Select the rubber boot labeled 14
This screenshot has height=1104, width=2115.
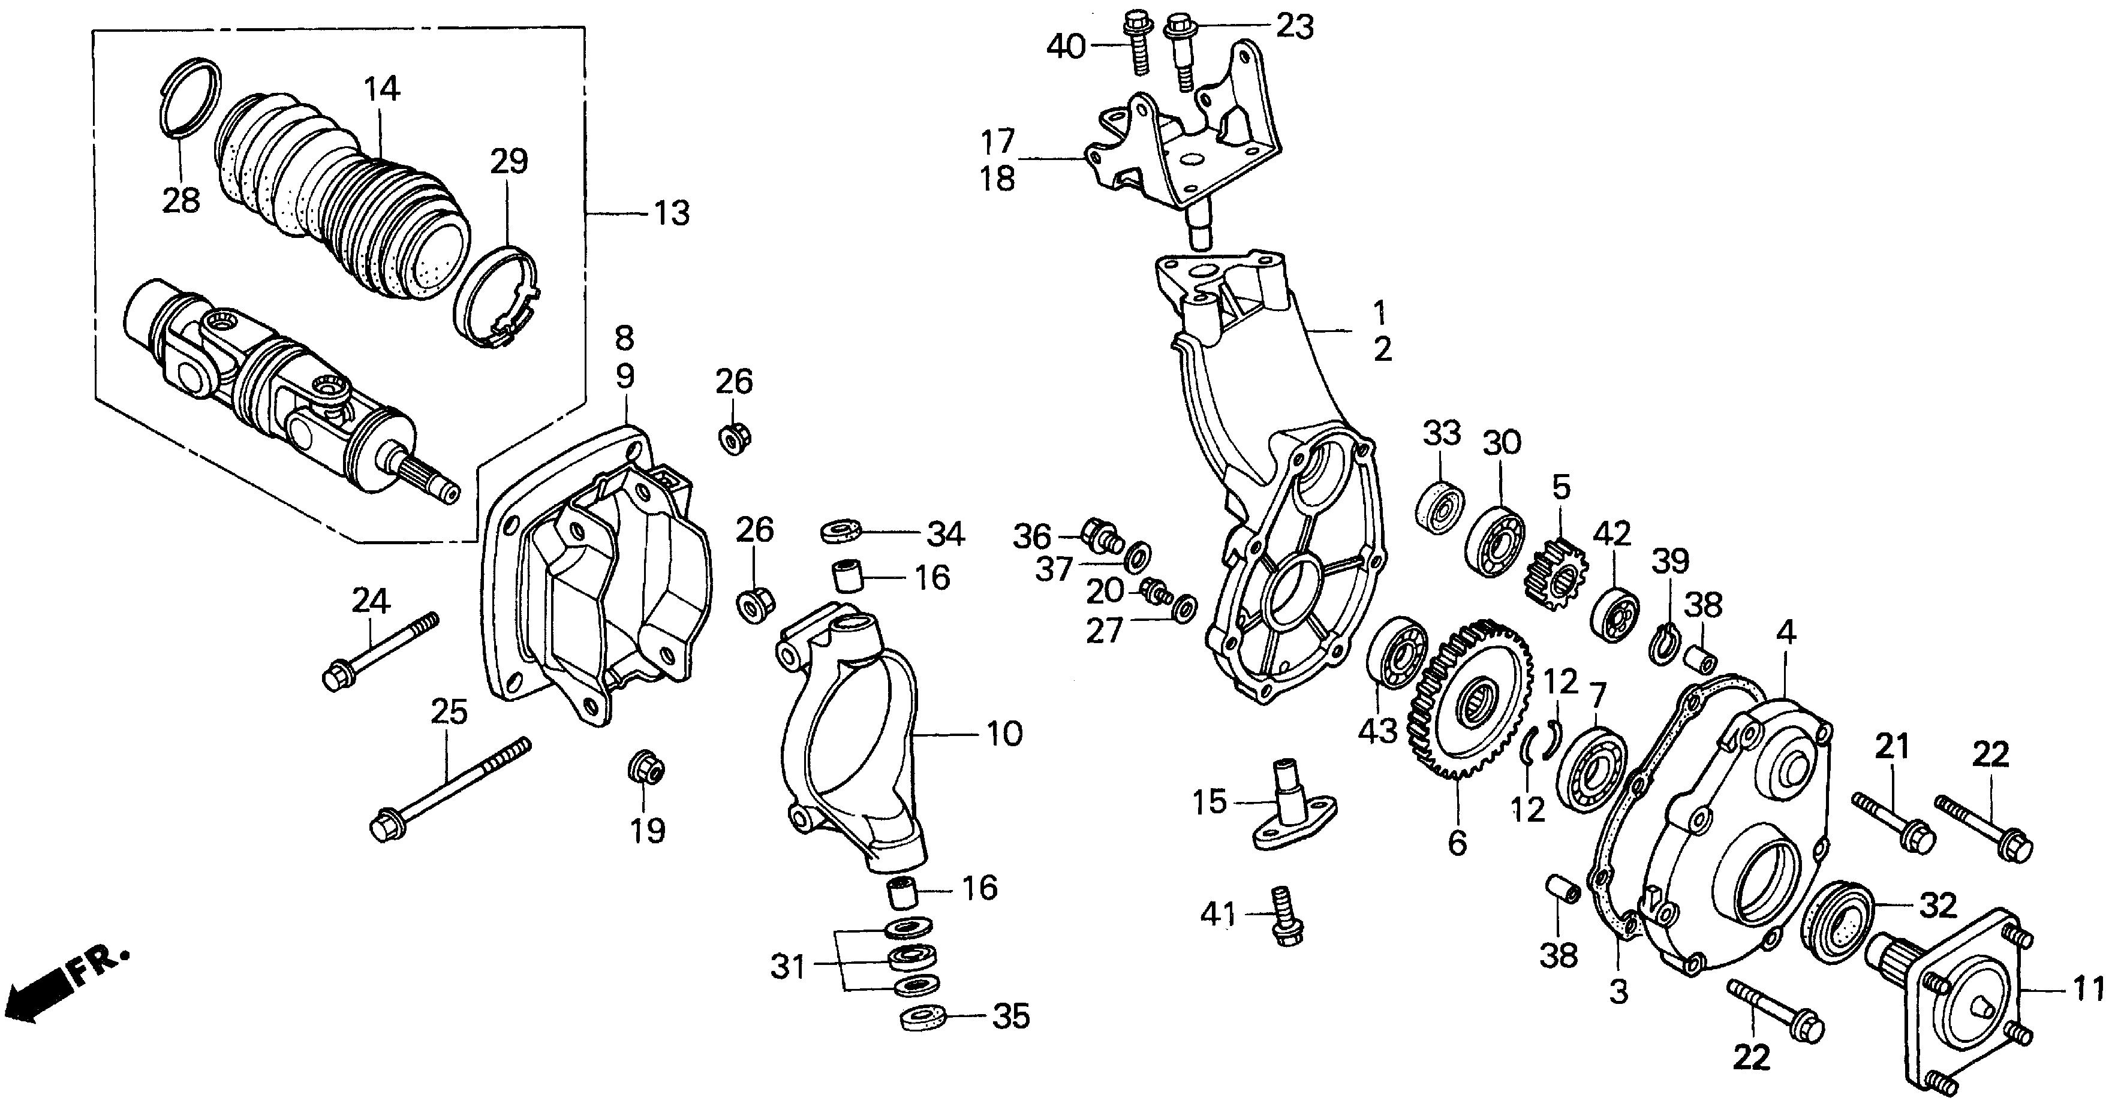pyautogui.click(x=345, y=205)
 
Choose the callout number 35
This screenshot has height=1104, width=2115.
pyautogui.click(x=1010, y=1016)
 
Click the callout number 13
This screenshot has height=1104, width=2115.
pyautogui.click(x=672, y=213)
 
